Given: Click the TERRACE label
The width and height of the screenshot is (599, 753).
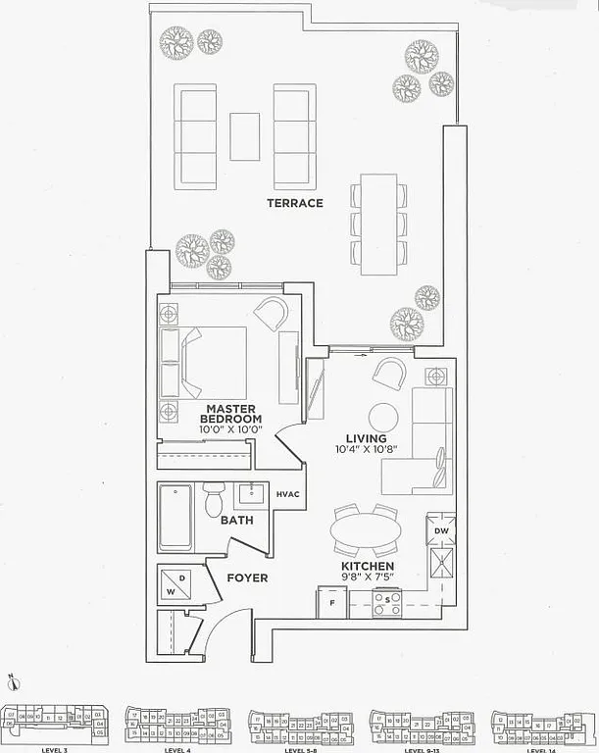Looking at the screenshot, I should click(x=295, y=203).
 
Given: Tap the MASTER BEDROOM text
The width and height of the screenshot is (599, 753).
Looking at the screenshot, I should click(x=232, y=414).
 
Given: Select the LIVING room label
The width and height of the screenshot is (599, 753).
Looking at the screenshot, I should click(x=367, y=438).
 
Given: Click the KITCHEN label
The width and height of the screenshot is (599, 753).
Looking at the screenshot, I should click(x=368, y=567).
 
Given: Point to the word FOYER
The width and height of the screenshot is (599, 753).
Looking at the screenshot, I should click(x=247, y=578).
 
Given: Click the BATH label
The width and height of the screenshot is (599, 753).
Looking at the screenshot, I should click(x=236, y=520).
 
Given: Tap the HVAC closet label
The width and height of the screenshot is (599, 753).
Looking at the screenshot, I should click(x=287, y=495).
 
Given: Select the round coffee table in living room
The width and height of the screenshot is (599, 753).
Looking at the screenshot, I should click(x=383, y=416).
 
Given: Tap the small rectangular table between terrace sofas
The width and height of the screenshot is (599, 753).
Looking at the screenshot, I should click(x=245, y=136).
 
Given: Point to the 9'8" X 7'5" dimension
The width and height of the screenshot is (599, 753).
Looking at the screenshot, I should click(x=368, y=578).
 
